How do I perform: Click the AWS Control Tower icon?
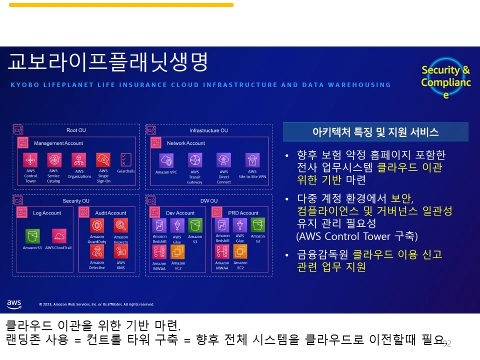[31, 160]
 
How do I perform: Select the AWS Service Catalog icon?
[54, 160]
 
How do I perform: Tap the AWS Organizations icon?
[78, 160]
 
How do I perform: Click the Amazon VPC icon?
[166, 160]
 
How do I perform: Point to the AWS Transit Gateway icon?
[195, 160]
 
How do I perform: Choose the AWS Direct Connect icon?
[223, 160]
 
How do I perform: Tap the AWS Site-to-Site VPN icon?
[252, 160]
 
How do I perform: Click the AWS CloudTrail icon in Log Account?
[59, 235]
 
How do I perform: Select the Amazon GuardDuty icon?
[97, 225]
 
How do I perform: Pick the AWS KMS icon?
[120, 251]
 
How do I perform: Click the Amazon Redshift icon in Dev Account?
[159, 225]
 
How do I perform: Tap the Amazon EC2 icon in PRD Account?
[240, 251]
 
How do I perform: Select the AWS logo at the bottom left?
[14, 303]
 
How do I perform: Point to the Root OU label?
[76, 130]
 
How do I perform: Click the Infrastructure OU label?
[208, 130]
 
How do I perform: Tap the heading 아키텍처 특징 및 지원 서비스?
[375, 132]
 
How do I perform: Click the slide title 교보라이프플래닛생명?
[107, 63]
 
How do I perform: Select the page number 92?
[447, 343]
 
